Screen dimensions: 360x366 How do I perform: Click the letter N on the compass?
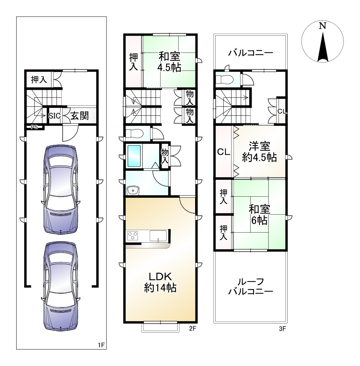323,26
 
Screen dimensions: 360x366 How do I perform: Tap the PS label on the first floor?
34,127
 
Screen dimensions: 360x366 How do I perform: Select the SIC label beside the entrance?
54,116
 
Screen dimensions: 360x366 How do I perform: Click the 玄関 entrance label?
80,116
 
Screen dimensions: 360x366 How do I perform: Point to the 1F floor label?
101,345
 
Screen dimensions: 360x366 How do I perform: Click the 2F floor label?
192,328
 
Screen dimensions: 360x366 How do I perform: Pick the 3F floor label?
282,329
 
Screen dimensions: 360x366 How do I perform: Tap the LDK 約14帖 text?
160,282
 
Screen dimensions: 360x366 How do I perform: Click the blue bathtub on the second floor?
134,156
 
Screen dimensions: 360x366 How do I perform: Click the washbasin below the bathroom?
133,191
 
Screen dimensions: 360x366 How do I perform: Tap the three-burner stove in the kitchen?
132,236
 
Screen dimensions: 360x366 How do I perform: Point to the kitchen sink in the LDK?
158,235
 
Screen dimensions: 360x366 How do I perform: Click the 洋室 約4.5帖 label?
259,152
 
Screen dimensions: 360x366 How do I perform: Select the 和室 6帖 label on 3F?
259,215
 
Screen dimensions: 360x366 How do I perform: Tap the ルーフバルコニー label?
251,287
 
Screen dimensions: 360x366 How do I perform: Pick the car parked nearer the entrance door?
60,189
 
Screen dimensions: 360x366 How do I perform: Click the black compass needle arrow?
323,47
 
